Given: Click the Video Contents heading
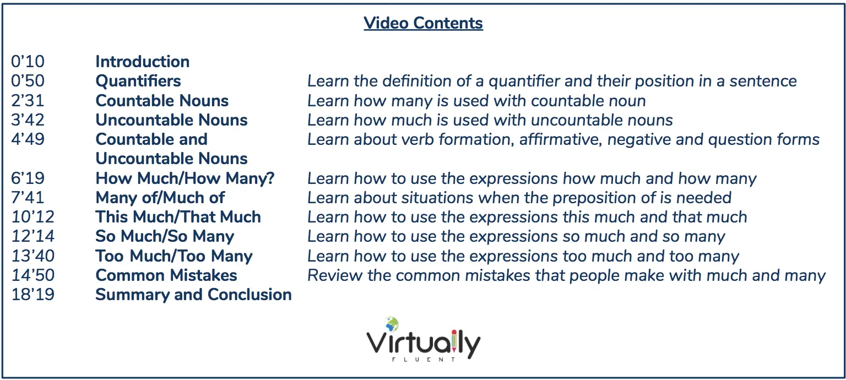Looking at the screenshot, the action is tap(423, 23).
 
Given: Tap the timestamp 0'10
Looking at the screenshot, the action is tap(28, 62).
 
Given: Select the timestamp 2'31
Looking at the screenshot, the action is tap(28, 100).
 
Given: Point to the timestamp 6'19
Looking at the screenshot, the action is tap(28, 178).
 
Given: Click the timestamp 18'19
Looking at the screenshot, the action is tap(33, 295).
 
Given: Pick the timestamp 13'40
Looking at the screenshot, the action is tap(33, 256).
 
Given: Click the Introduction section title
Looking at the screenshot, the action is tap(143, 62).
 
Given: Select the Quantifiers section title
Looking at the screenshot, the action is tap(138, 81).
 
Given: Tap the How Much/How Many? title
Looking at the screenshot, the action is tap(185, 178).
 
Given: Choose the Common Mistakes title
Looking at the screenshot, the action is tap(166, 275).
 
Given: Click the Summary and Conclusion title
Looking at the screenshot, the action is tap(194, 295).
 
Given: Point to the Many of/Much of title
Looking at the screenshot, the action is tap(160, 198).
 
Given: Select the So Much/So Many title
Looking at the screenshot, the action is tap(165, 236).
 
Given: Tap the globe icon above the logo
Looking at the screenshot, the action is tap(392, 324).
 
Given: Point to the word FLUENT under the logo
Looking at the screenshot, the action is tap(424, 359).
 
